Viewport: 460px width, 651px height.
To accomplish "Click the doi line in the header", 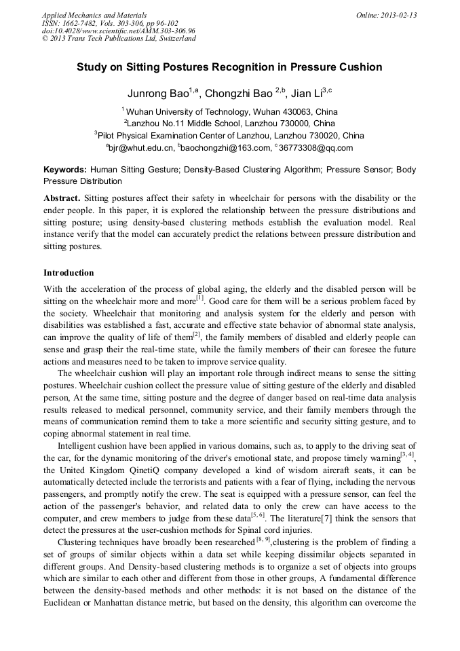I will pos(118,31).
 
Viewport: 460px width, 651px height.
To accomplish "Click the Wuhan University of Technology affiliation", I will pos(187,111).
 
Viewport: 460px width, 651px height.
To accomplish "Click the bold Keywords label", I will pos(64,170).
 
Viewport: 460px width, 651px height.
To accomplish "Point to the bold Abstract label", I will pos(62,198).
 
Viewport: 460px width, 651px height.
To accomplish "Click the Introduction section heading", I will pos(69,273).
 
